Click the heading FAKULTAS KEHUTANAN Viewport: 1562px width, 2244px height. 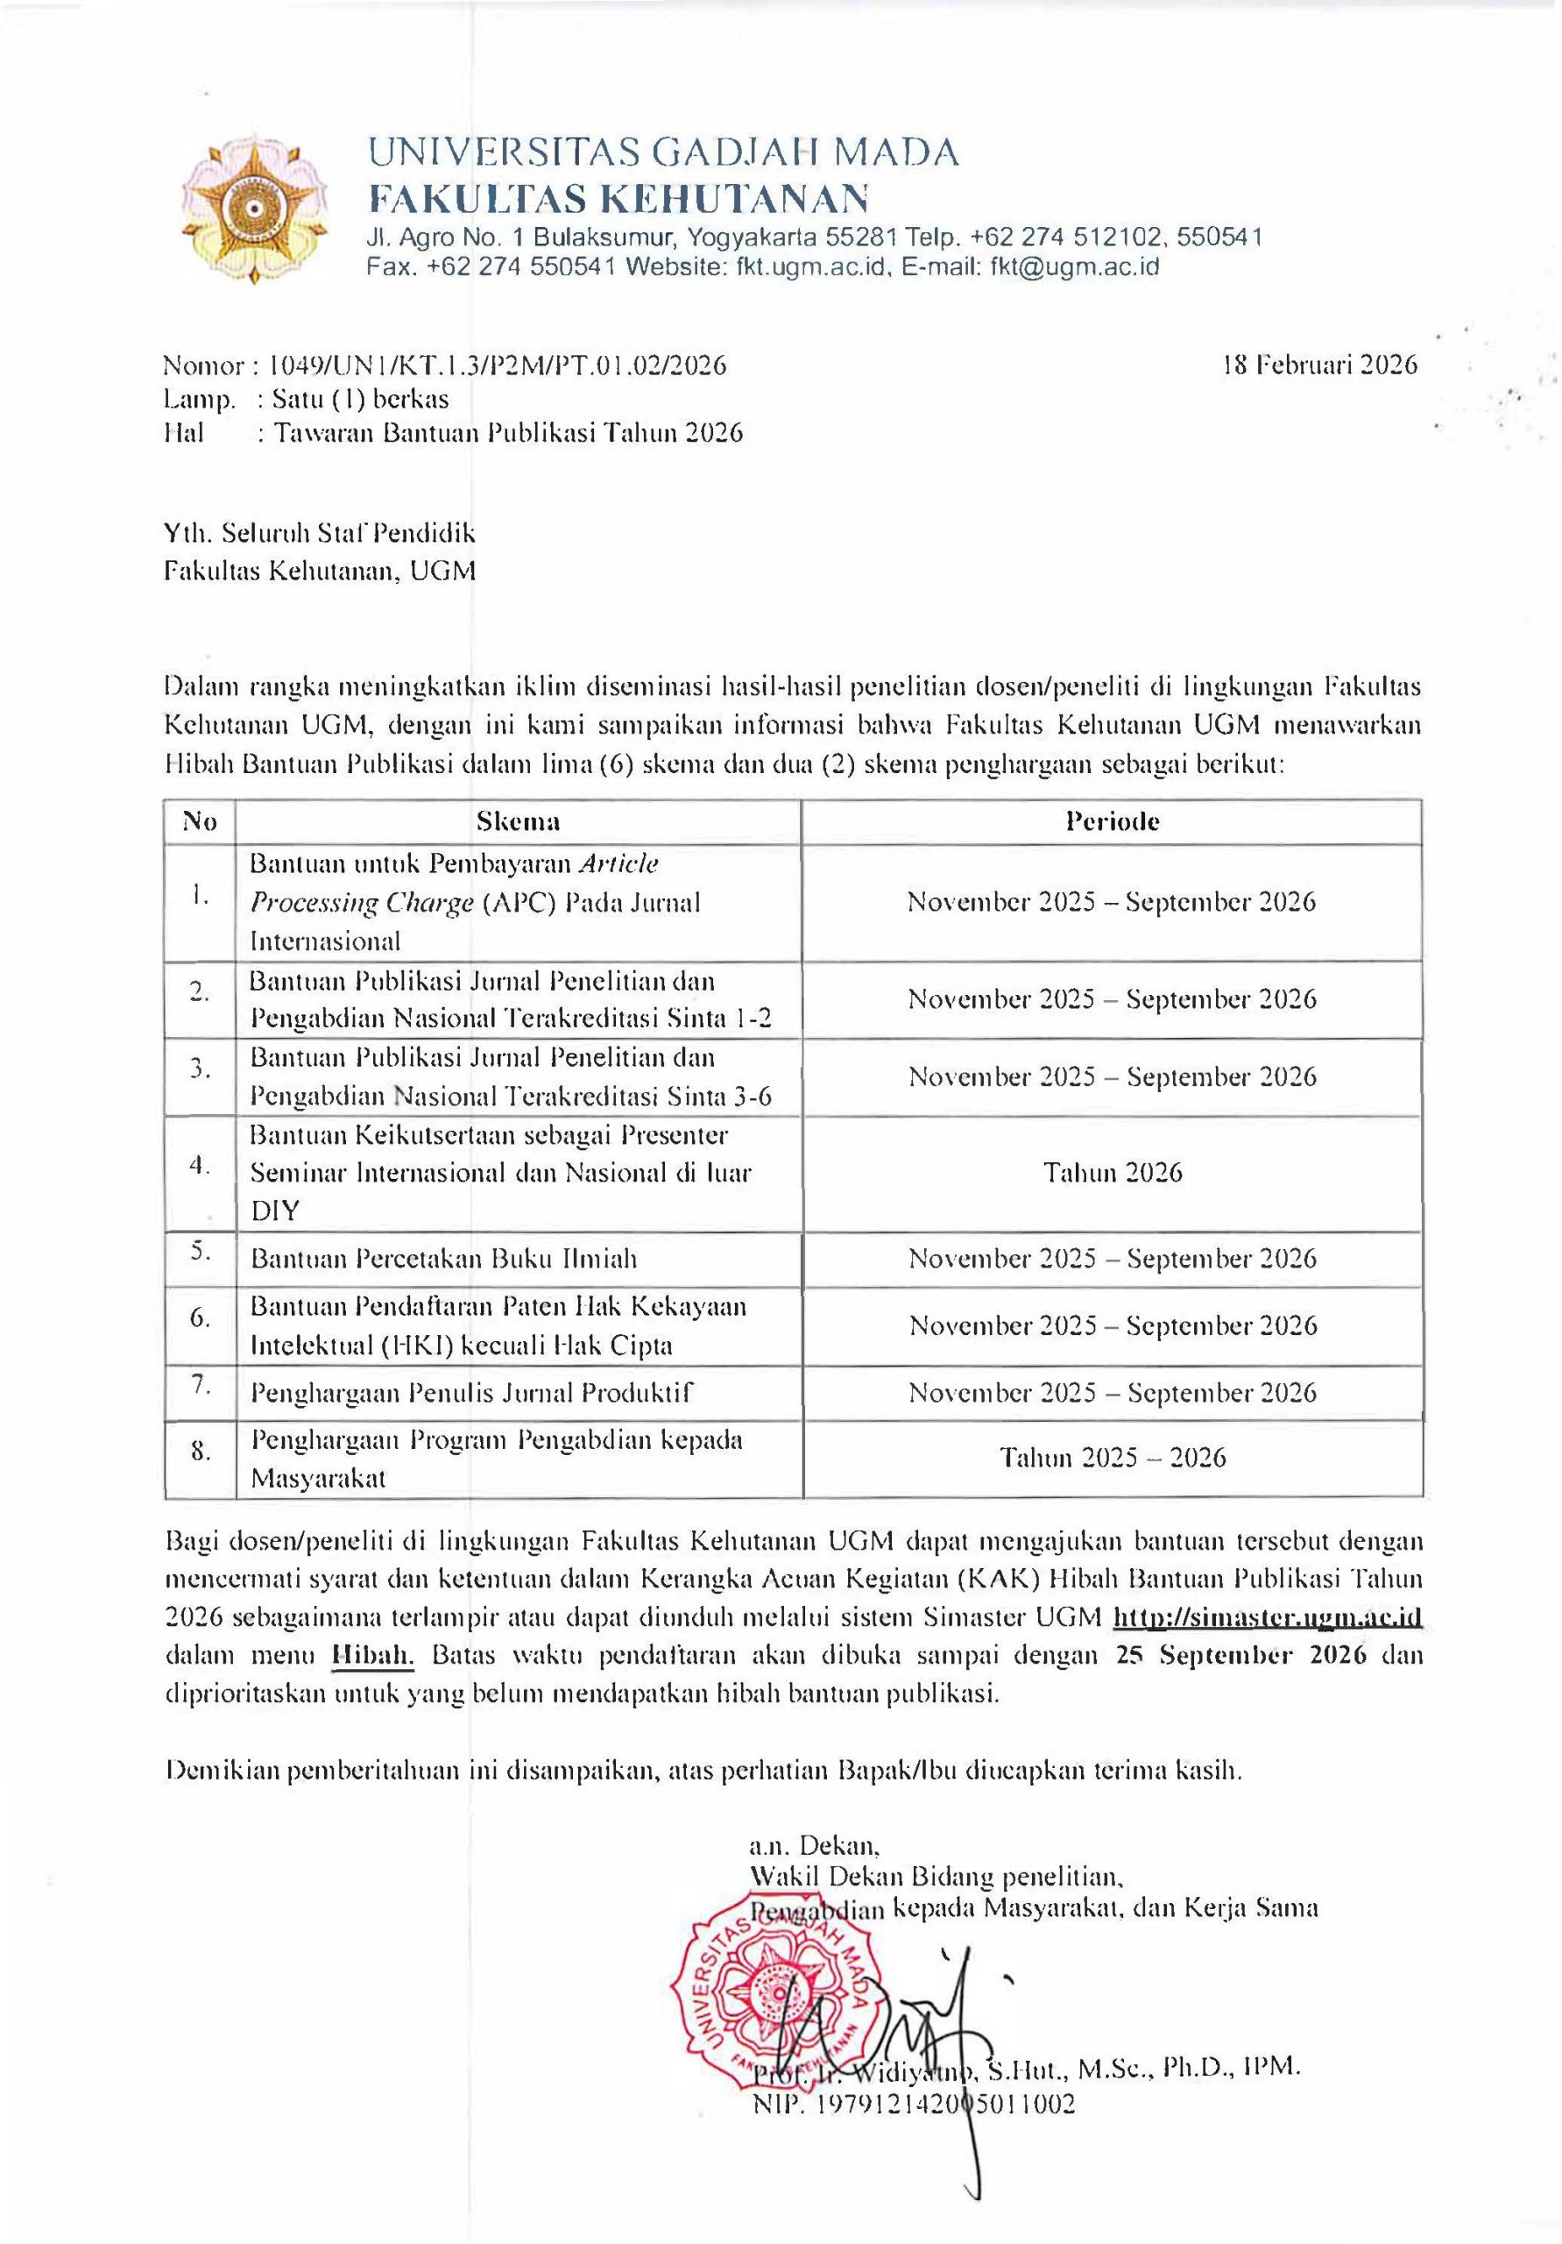coord(618,198)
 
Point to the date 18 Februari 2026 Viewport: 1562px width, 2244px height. coord(1318,365)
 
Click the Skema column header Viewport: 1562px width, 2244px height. coord(518,821)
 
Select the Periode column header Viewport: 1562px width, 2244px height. coord(1112,821)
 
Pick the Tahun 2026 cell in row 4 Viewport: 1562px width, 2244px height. coord(1112,1172)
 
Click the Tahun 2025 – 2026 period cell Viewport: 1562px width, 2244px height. coord(1112,1457)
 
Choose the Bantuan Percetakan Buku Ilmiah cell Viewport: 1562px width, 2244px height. coord(443,1258)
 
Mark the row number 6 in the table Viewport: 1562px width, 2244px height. coord(201,1317)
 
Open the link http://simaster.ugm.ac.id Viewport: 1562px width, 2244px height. coord(1267,1616)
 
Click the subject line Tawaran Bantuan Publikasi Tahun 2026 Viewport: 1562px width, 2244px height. coord(508,432)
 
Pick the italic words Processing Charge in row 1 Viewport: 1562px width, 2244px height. coord(362,902)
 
